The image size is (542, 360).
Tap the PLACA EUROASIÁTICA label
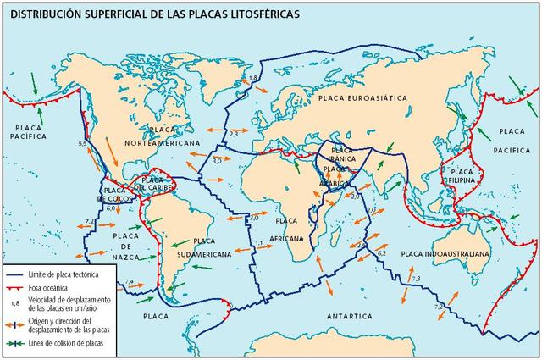[x=364, y=99]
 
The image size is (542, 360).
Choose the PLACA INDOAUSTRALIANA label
[x=445, y=253]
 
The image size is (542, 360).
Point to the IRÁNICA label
[x=342, y=158]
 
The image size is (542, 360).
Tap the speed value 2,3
[x=234, y=132]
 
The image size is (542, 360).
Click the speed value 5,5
[x=82, y=145]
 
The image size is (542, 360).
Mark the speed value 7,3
[x=415, y=279]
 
